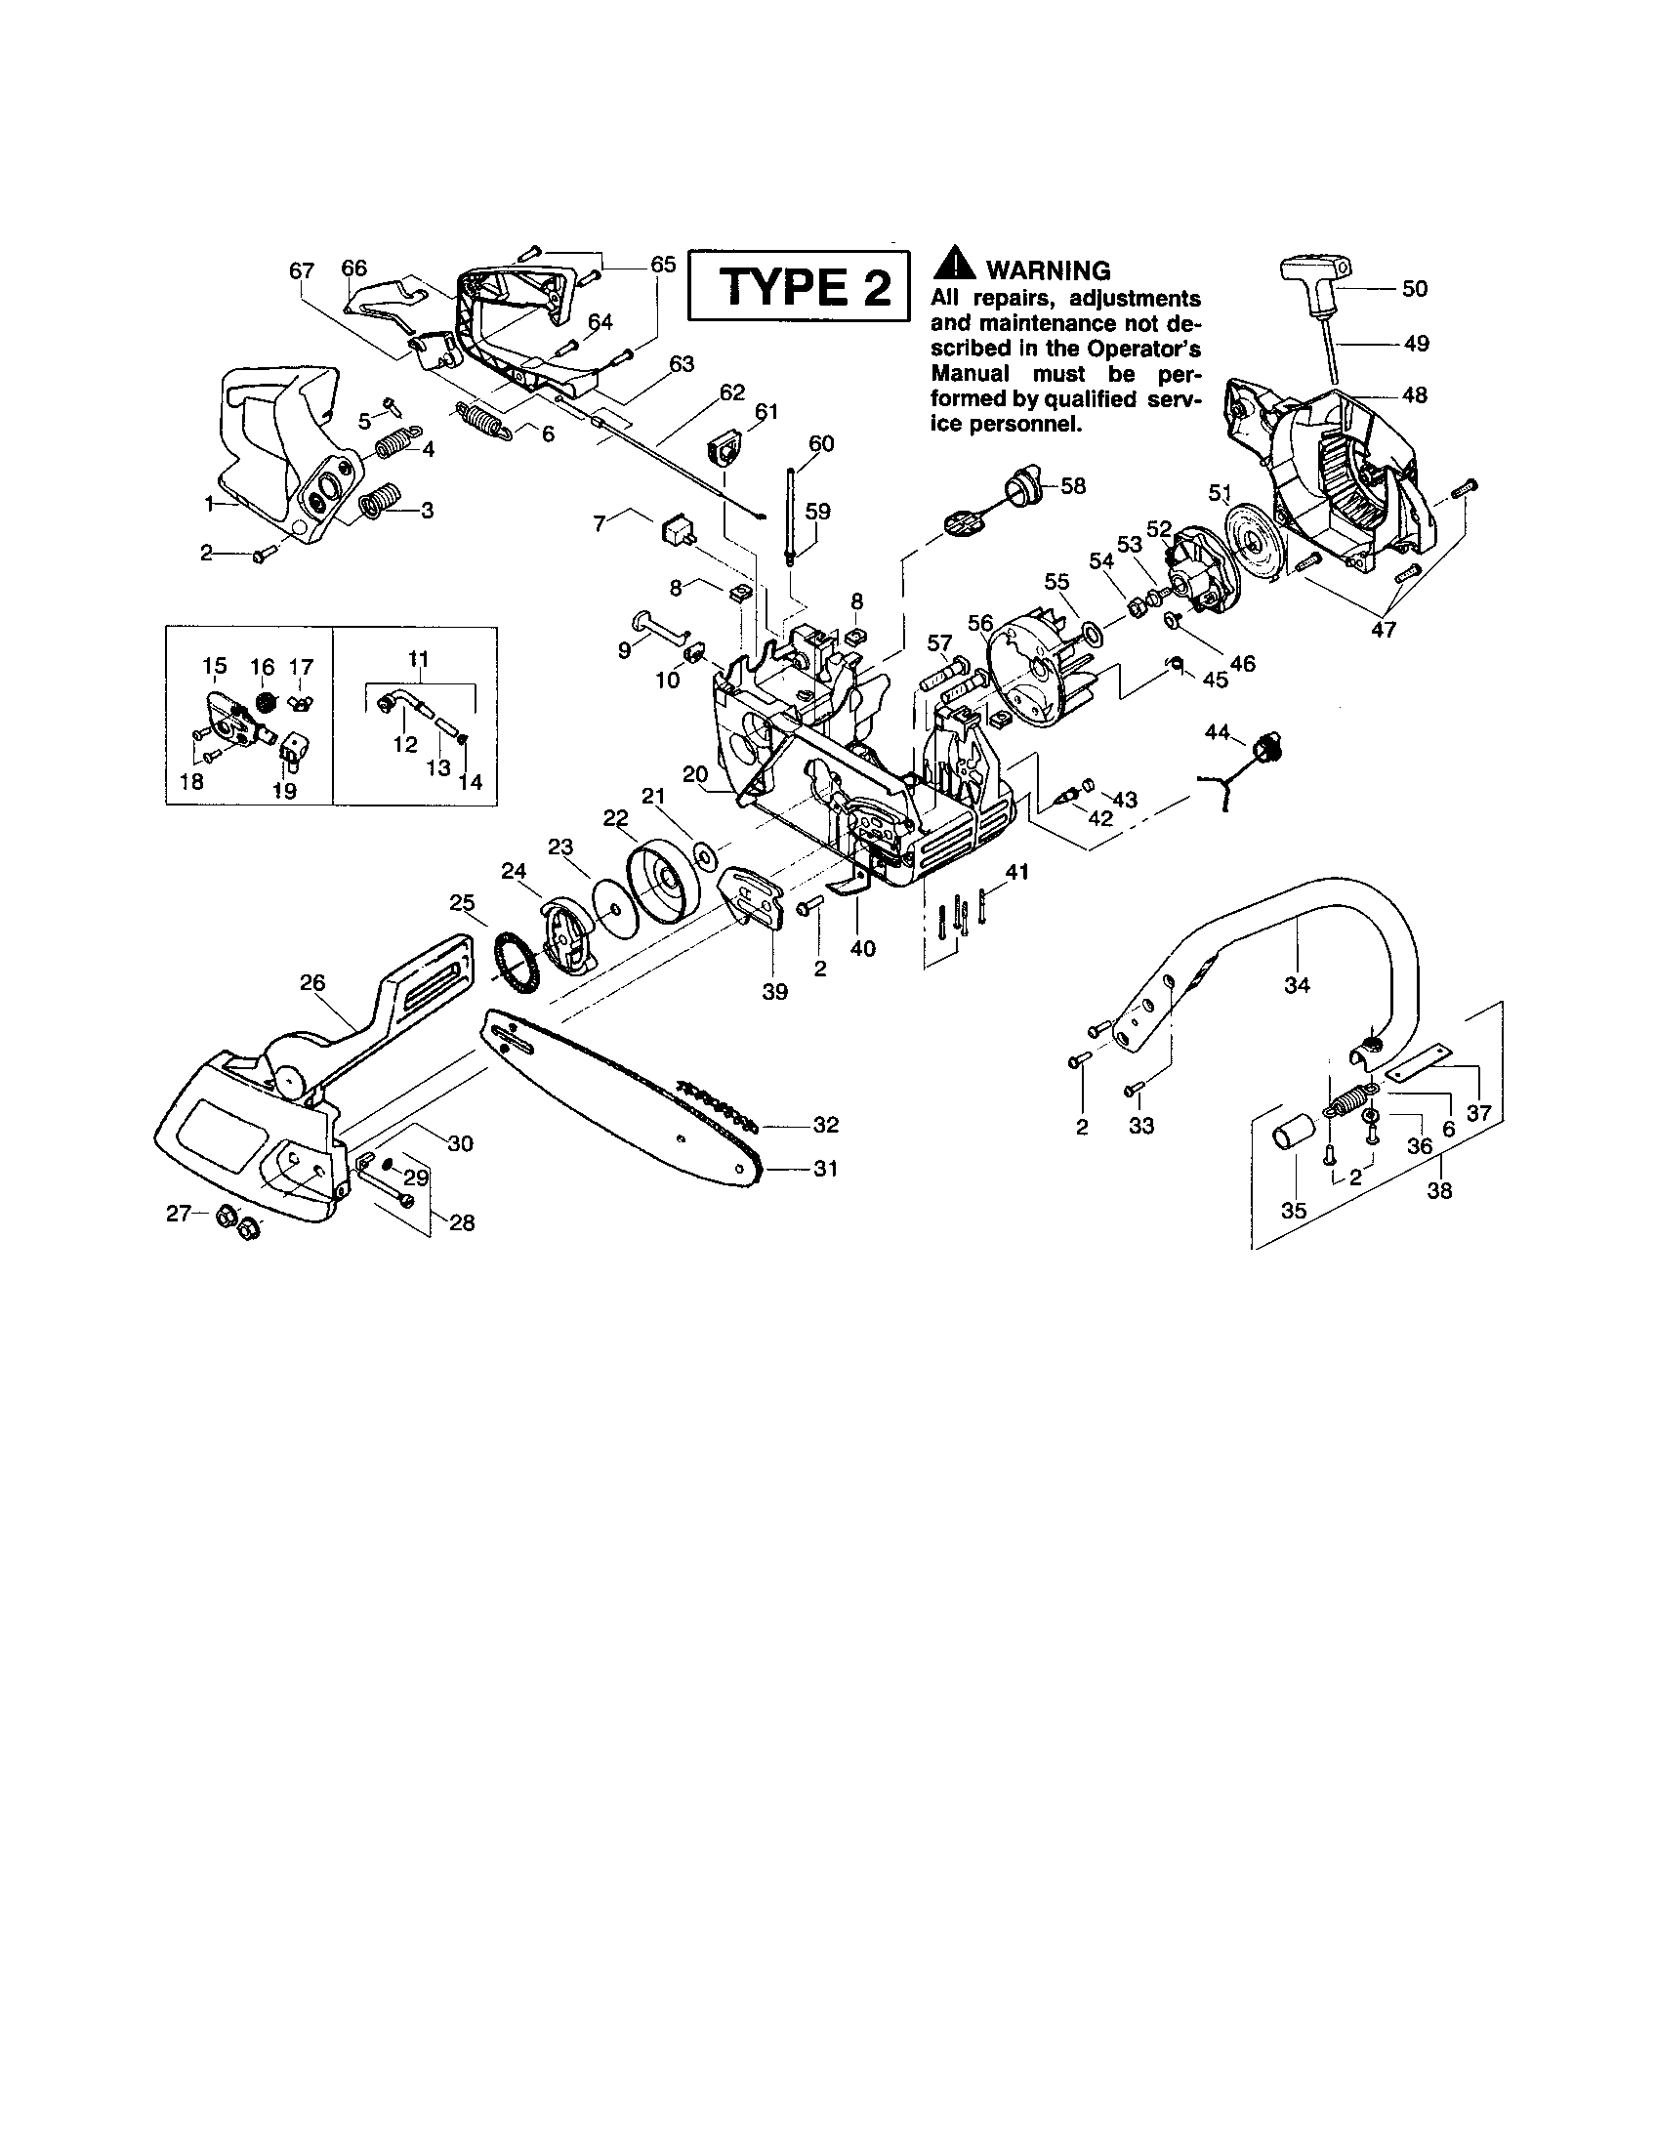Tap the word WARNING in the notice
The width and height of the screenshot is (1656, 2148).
tap(1048, 269)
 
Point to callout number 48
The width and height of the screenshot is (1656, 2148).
tap(1415, 395)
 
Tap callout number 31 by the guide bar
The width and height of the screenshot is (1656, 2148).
tap(825, 1169)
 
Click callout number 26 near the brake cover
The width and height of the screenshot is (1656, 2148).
tap(312, 982)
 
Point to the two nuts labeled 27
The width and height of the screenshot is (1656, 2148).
tap(238, 1220)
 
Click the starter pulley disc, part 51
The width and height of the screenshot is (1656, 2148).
tap(1250, 536)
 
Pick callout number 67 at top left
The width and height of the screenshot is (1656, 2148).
tap(301, 269)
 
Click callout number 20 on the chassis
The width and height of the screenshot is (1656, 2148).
tap(694, 774)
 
